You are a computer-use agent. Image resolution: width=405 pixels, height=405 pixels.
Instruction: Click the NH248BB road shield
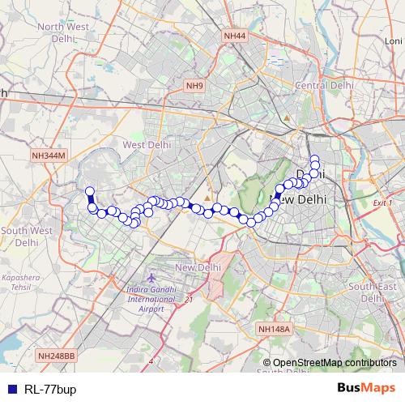(57, 356)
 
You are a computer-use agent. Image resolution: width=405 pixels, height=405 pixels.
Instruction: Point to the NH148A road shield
(273, 328)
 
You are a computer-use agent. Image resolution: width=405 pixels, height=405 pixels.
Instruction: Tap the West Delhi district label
(145, 145)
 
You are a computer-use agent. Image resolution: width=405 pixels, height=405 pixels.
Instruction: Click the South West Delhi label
(26, 236)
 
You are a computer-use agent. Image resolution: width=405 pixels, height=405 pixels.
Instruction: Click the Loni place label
(393, 41)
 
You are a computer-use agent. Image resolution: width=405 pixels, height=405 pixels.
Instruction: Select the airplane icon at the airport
(132, 278)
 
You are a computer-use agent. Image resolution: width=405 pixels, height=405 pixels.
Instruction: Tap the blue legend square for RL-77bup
(11, 389)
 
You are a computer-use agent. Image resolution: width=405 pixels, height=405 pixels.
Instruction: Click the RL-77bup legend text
(51, 389)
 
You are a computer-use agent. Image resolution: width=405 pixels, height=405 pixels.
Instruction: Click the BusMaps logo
(366, 388)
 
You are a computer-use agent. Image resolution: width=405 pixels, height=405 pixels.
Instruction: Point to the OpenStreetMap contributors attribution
(335, 363)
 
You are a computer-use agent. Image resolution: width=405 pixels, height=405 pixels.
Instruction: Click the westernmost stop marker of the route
(90, 192)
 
